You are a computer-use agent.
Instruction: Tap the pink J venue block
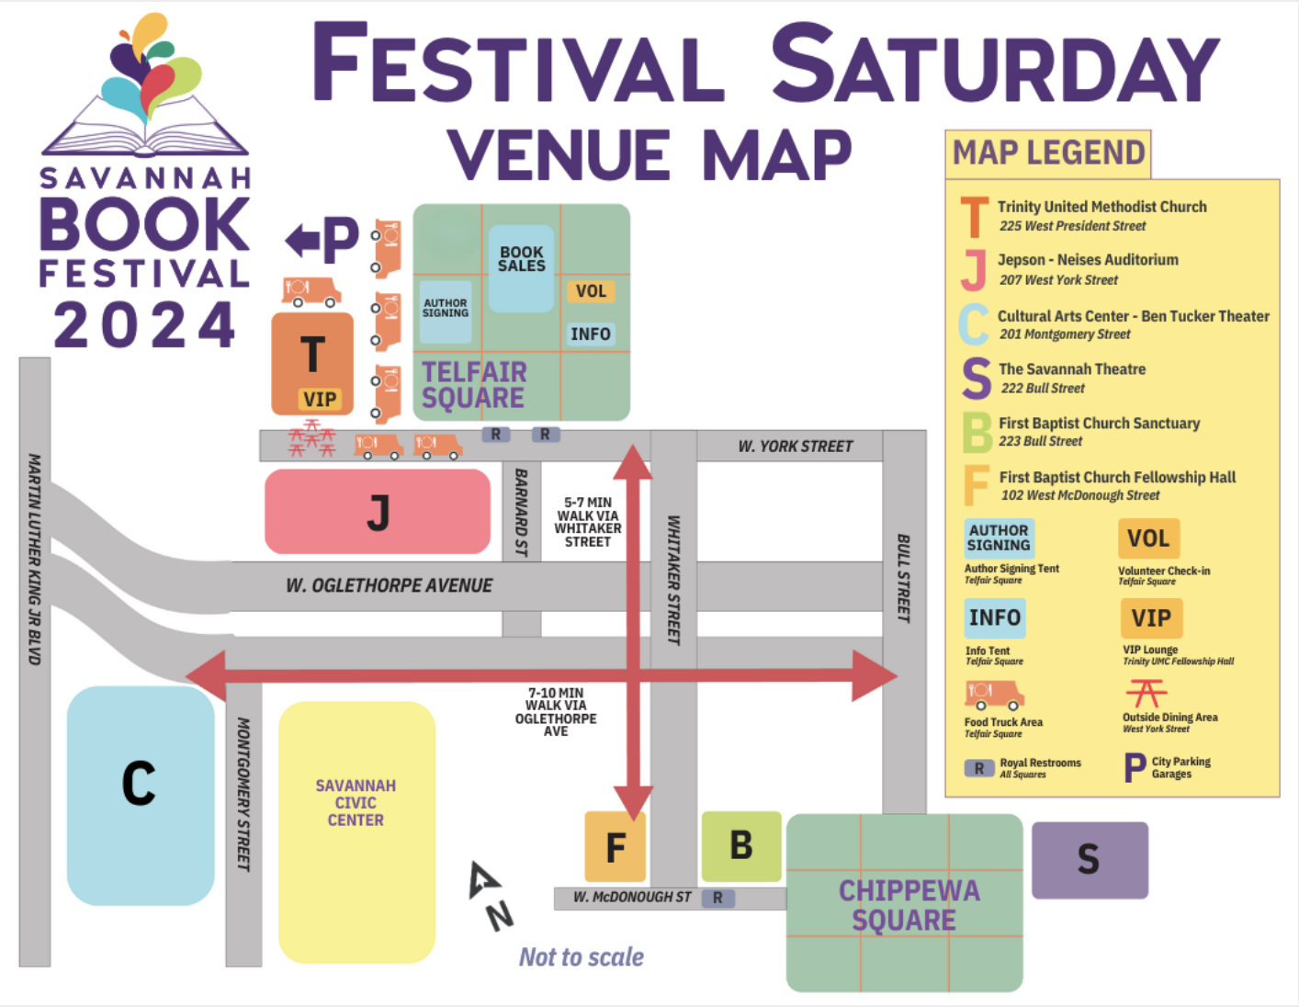click(378, 512)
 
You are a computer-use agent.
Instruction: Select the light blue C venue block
click(141, 795)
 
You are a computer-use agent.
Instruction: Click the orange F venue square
click(616, 846)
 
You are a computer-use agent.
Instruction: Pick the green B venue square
click(741, 846)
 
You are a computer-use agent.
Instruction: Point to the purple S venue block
click(1090, 860)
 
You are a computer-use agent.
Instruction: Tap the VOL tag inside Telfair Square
click(591, 291)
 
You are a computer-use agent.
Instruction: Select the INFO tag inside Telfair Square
click(590, 334)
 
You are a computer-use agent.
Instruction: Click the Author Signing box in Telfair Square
click(446, 309)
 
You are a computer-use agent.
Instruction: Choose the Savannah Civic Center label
click(356, 803)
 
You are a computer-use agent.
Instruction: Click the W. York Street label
click(796, 447)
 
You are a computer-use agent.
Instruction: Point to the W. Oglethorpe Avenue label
click(390, 585)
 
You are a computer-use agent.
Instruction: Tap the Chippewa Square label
click(908, 905)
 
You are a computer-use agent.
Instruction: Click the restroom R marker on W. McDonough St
click(717, 898)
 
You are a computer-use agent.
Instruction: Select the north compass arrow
click(483, 880)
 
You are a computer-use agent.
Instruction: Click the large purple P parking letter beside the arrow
click(340, 239)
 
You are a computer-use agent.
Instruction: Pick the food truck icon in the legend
click(994, 696)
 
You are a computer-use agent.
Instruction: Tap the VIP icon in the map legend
click(1151, 618)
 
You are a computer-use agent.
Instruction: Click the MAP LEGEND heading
click(1048, 153)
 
